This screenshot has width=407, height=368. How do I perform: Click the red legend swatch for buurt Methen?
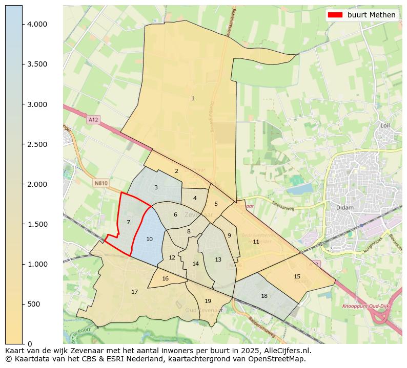(335, 15)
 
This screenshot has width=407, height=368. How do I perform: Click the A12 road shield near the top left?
(93, 120)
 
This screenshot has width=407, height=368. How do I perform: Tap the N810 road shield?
(101, 183)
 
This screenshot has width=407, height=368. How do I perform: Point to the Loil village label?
(385, 125)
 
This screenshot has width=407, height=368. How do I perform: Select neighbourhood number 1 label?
(193, 98)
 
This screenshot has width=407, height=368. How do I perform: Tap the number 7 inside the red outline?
(128, 222)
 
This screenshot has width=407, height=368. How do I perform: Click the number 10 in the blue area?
(149, 239)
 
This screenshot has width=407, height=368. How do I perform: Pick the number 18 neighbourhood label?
(264, 296)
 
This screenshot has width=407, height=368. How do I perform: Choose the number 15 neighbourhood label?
(297, 276)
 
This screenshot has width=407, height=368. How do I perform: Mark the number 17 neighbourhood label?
(134, 292)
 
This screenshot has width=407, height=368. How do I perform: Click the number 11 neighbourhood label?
(256, 242)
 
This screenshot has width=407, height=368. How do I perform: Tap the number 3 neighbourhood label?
(156, 187)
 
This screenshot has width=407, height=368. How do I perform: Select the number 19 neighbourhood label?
(208, 301)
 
